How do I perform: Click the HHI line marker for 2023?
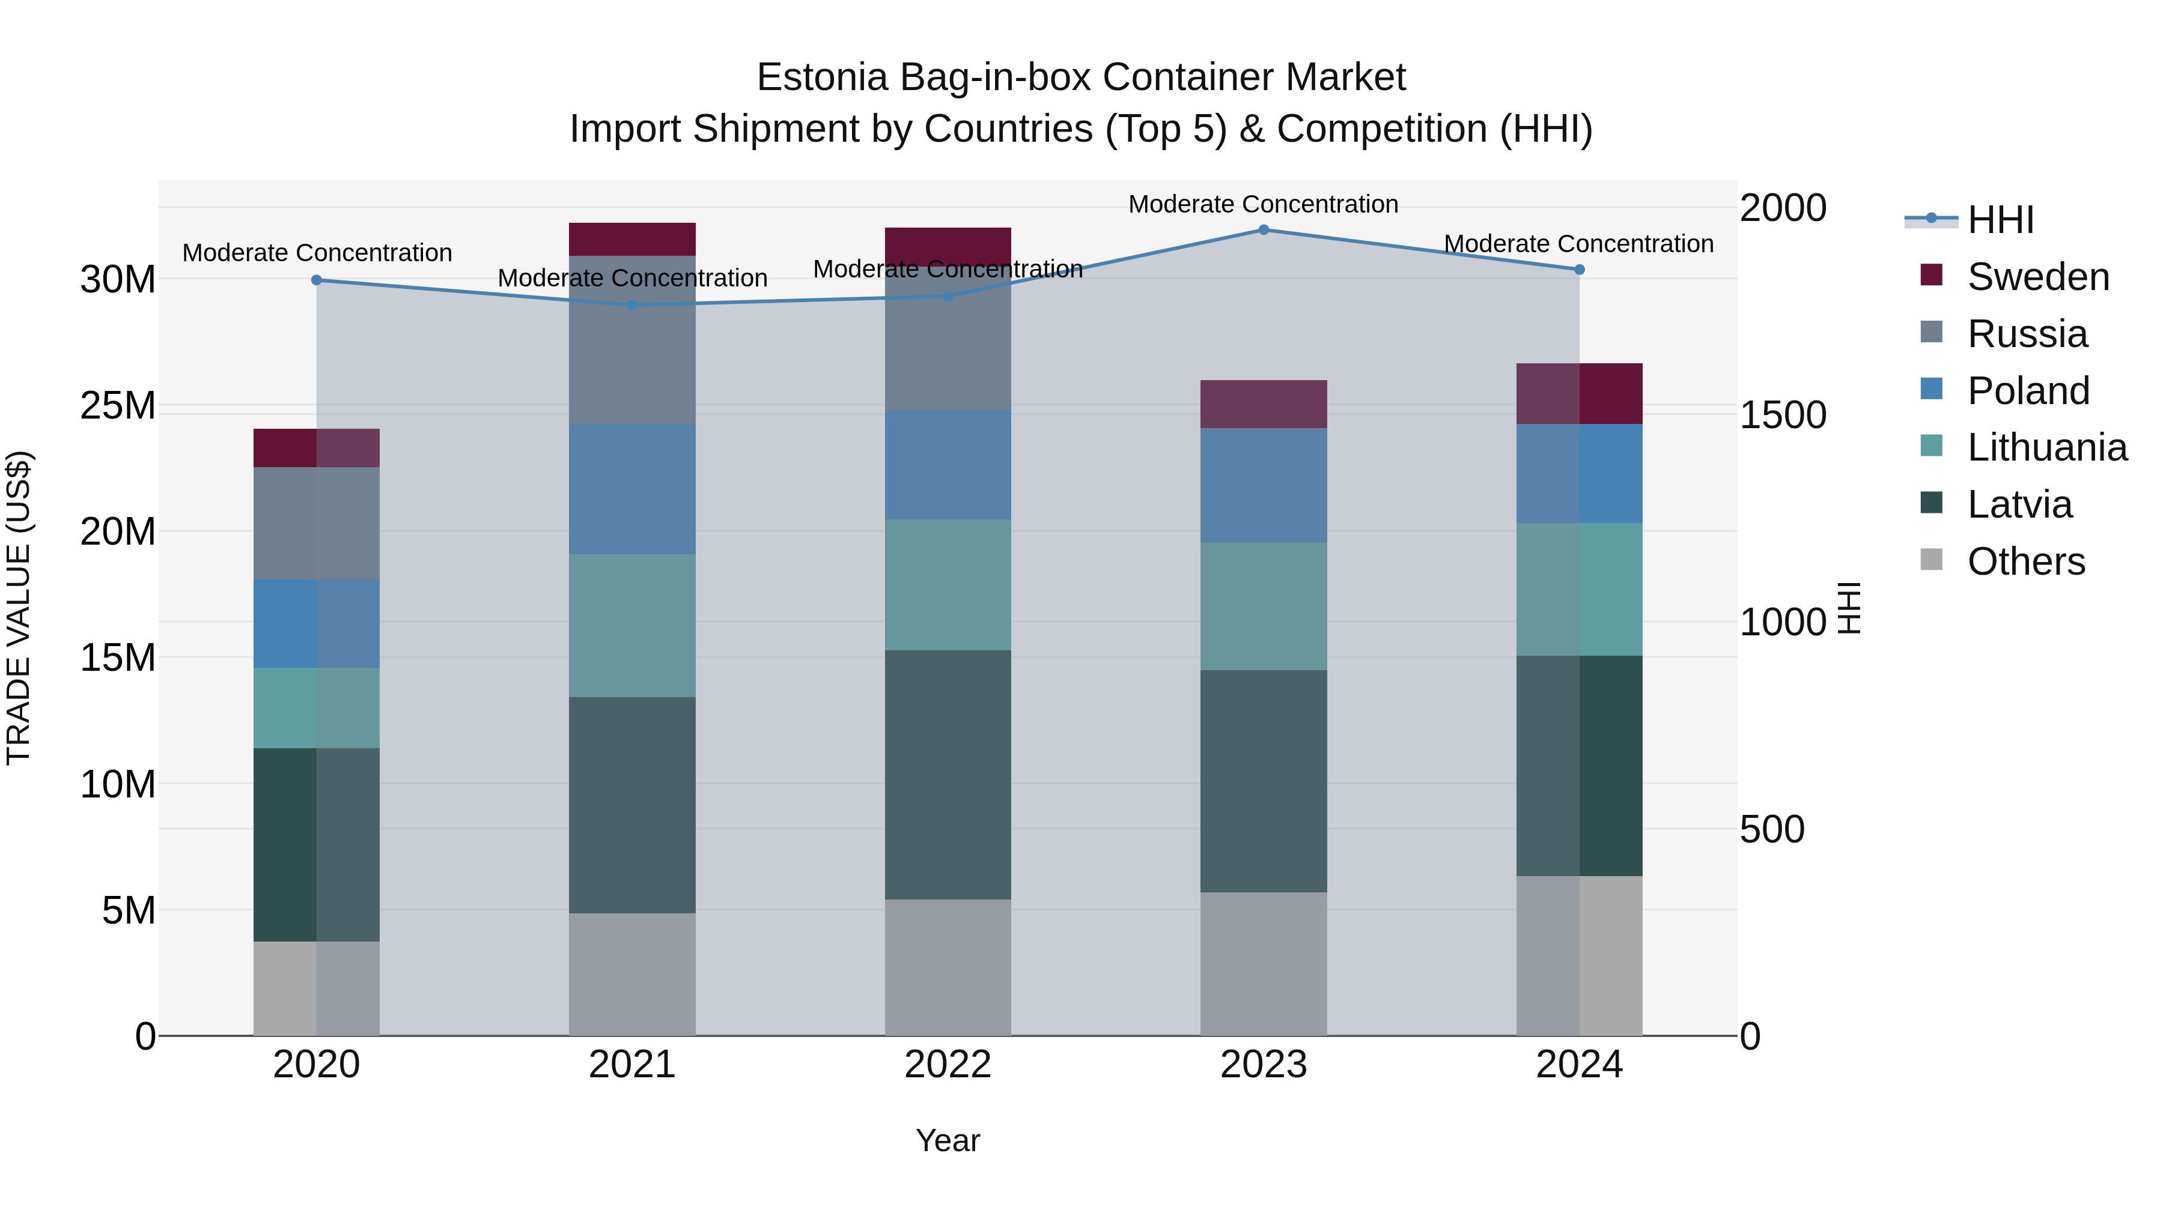[1264, 230]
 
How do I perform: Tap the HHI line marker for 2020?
[317, 280]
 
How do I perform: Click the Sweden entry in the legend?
[2038, 277]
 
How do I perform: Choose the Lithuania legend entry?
[2047, 447]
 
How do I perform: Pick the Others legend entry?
[2026, 561]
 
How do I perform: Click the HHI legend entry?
[2000, 220]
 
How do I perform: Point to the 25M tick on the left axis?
[118, 406]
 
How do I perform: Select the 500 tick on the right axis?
[1772, 829]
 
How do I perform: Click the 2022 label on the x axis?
[948, 1065]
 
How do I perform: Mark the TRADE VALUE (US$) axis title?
[19, 608]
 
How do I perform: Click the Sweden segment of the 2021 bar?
[632, 239]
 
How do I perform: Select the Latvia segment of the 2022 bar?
[948, 775]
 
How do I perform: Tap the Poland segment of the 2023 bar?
[1264, 486]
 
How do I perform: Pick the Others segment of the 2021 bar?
[632, 975]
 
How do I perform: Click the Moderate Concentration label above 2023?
[1264, 204]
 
